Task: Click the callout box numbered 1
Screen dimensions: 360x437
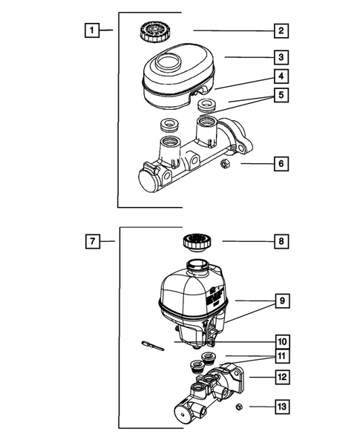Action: (x=92, y=30)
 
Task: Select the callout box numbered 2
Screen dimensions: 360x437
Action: (x=281, y=30)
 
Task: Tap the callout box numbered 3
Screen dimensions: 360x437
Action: (x=281, y=57)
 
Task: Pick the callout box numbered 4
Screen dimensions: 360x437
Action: (x=281, y=76)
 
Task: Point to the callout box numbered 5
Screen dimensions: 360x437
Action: (x=281, y=95)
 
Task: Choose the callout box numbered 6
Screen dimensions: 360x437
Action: (x=281, y=163)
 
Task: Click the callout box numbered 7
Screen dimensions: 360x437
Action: (x=93, y=241)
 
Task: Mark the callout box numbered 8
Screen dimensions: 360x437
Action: (x=281, y=241)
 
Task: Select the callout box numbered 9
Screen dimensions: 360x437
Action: (x=283, y=301)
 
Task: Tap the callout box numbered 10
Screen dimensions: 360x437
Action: (x=283, y=342)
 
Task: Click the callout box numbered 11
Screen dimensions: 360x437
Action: (x=283, y=356)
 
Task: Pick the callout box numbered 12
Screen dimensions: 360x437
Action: (x=283, y=377)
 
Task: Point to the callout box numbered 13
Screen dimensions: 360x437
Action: (x=283, y=407)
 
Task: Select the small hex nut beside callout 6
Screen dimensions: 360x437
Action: (x=225, y=163)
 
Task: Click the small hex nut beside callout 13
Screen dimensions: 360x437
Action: (x=239, y=407)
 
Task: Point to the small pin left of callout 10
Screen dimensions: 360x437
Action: (x=153, y=345)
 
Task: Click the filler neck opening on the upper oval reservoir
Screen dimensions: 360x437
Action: (x=168, y=62)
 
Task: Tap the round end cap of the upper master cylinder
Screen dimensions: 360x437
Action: (x=149, y=180)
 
